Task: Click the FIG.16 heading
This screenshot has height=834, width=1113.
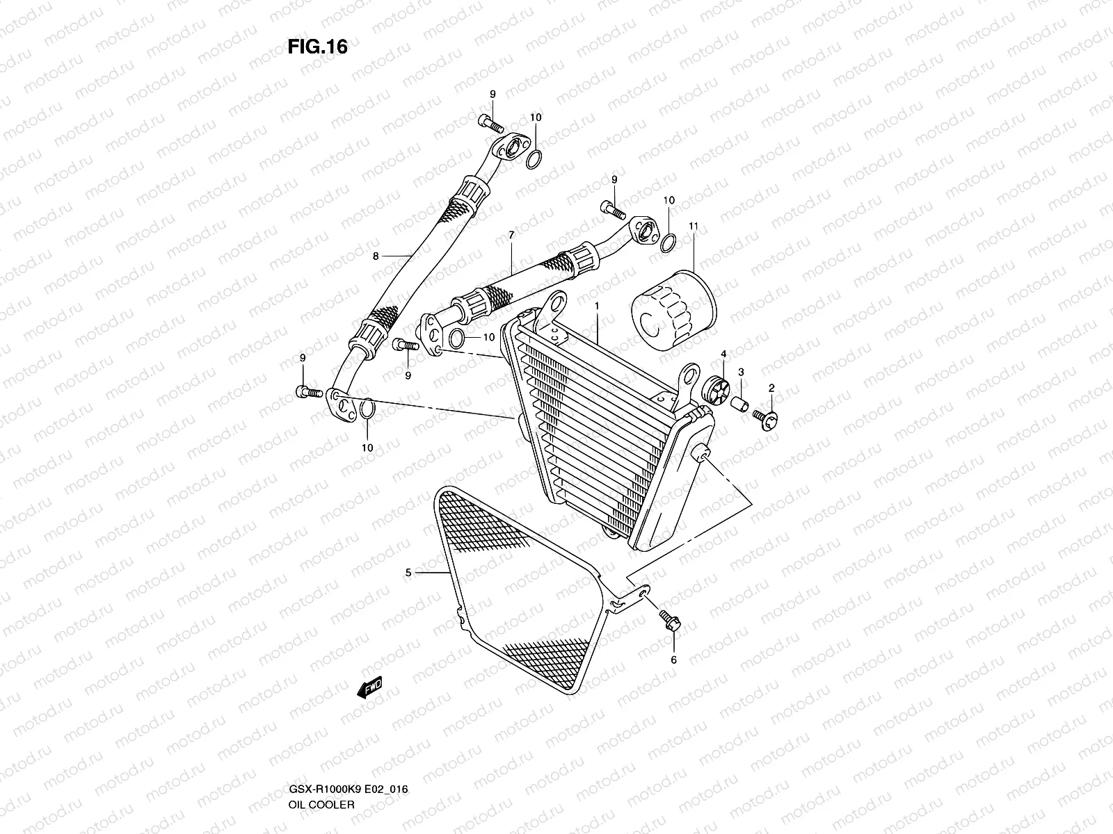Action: pyautogui.click(x=317, y=47)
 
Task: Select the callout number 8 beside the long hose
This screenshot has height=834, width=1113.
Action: pyautogui.click(x=376, y=256)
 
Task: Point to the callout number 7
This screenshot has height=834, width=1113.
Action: pyautogui.click(x=511, y=236)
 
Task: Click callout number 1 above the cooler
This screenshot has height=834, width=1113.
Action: pyautogui.click(x=596, y=305)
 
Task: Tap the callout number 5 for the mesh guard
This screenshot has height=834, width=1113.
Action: pyautogui.click(x=409, y=573)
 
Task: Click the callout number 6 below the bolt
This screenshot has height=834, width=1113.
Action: pyautogui.click(x=673, y=660)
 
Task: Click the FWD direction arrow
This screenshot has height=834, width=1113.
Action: pyautogui.click(x=369, y=688)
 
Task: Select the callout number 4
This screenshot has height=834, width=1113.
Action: pyautogui.click(x=723, y=354)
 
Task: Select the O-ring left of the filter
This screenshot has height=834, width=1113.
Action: pyautogui.click(x=666, y=243)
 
